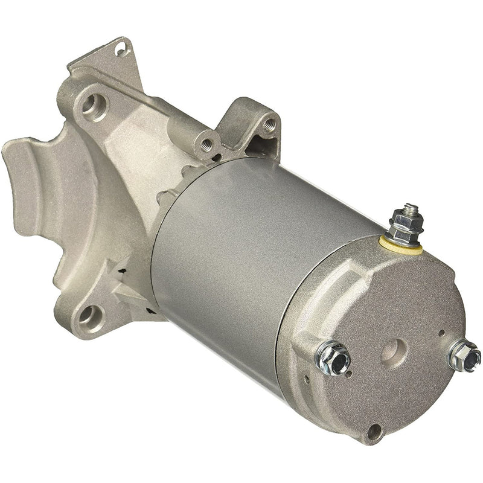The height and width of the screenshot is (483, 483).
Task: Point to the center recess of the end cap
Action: coord(394,350)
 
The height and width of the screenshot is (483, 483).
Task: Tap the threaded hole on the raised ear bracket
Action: coord(269,124)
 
